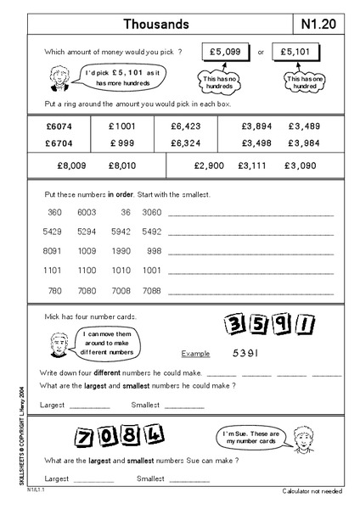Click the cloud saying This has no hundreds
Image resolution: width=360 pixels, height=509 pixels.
pos(219,81)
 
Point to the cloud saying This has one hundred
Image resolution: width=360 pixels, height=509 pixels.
pos(307,81)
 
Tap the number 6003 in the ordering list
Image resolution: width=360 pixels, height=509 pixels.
pos(86,211)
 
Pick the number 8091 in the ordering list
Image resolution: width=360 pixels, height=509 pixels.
pos(51,250)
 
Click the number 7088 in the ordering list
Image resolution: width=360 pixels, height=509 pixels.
pos(152,290)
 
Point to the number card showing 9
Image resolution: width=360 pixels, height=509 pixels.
pos(278,323)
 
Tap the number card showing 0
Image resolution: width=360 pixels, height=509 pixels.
pos(108,438)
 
